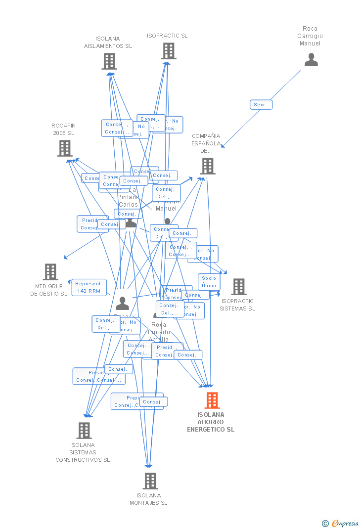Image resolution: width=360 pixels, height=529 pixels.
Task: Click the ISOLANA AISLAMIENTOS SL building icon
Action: (x=109, y=61)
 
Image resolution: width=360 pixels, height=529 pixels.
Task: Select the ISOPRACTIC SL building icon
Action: (x=168, y=51)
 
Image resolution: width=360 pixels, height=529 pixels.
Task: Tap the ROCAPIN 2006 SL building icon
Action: (x=65, y=148)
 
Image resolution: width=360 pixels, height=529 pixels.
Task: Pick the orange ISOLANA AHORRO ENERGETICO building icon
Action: (x=212, y=400)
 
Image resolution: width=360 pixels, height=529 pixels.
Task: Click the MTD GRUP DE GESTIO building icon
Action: (x=50, y=272)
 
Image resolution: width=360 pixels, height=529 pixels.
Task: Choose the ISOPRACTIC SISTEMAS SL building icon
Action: (x=238, y=287)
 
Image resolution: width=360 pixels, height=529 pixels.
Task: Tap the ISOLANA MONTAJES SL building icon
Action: (x=150, y=481)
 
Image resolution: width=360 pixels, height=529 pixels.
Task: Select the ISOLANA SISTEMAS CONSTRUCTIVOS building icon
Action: (x=84, y=431)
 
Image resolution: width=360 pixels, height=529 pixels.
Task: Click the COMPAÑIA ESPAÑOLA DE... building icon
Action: (x=208, y=166)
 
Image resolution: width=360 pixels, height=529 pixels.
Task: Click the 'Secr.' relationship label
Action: (x=261, y=105)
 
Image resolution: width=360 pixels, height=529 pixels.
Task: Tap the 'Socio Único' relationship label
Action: (x=209, y=282)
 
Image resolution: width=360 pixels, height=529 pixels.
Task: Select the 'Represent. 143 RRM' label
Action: (x=89, y=287)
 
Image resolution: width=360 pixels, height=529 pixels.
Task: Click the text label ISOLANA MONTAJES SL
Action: (x=148, y=499)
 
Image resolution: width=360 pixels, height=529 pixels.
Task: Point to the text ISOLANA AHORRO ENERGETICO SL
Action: (x=211, y=422)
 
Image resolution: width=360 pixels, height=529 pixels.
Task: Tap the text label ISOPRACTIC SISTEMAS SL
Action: (x=237, y=305)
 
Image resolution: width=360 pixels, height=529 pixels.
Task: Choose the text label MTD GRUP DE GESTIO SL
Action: (x=48, y=290)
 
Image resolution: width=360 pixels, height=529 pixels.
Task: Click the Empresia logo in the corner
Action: (x=345, y=524)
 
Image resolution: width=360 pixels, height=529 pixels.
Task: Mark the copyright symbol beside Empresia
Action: (x=325, y=524)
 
